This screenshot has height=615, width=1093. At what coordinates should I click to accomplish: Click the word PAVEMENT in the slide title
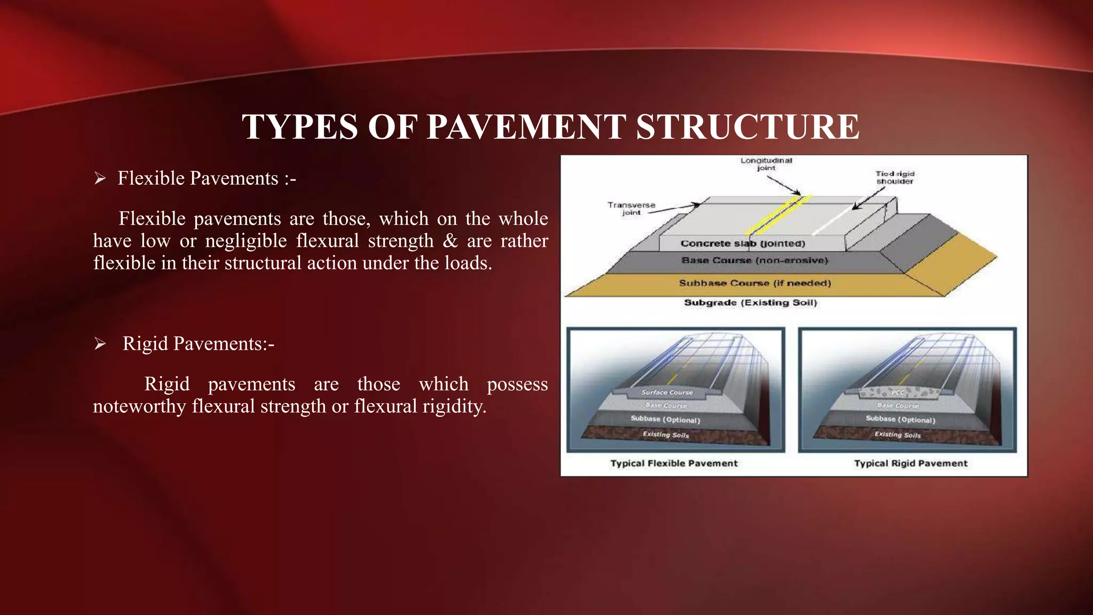(525, 127)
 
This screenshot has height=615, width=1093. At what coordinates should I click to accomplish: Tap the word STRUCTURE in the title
(747, 127)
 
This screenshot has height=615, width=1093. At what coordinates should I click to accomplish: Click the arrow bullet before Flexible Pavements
(100, 178)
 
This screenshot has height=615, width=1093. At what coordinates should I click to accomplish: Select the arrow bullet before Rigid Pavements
(100, 344)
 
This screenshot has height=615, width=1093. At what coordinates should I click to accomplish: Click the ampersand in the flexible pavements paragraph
(450, 241)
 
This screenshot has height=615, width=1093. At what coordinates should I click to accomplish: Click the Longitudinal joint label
(766, 164)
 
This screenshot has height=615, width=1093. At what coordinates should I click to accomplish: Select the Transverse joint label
(631, 209)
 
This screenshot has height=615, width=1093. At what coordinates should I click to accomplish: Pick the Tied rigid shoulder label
(894, 177)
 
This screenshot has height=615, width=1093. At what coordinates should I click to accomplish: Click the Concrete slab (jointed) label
(742, 243)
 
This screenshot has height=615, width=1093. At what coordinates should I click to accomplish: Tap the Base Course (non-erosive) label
(754, 261)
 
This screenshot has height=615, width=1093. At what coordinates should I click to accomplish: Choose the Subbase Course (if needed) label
(755, 283)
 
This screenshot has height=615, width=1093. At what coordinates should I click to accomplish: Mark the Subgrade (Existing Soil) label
(750, 303)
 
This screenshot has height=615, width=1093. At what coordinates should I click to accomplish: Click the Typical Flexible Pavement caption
(674, 463)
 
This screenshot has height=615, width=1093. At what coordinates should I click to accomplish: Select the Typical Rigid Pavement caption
(910, 463)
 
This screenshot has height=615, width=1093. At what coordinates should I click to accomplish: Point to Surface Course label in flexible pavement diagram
(667, 392)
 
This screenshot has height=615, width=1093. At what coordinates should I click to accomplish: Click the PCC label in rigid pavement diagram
(898, 393)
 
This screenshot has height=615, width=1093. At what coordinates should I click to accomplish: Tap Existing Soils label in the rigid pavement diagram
(897, 435)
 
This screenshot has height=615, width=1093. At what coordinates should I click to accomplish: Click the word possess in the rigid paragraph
(517, 384)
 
